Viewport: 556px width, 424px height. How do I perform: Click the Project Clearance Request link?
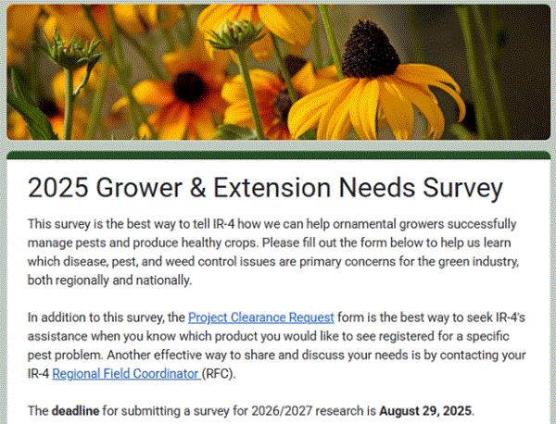[x=261, y=318]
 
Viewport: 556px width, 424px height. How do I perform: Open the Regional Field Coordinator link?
[x=127, y=374]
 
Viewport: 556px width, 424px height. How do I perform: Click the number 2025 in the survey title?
[x=58, y=188]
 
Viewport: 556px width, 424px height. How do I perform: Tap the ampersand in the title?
[x=197, y=188]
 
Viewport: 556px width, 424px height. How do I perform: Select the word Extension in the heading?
[x=272, y=188]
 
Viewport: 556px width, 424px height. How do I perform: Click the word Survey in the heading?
[x=462, y=189]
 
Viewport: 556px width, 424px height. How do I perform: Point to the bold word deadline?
[x=76, y=411]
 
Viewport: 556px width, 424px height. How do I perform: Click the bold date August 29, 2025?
[x=425, y=411]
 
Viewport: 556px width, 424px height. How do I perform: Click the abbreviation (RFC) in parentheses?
[x=219, y=374]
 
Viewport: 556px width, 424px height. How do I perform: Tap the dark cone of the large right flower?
[x=371, y=50]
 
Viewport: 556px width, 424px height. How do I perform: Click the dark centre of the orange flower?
[x=189, y=87]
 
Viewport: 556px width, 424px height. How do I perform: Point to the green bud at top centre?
[x=235, y=34]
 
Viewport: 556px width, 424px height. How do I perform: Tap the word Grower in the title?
[x=139, y=188]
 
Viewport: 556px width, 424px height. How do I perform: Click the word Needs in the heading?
[x=376, y=188]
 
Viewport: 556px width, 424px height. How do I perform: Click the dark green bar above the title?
[x=278, y=155]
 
